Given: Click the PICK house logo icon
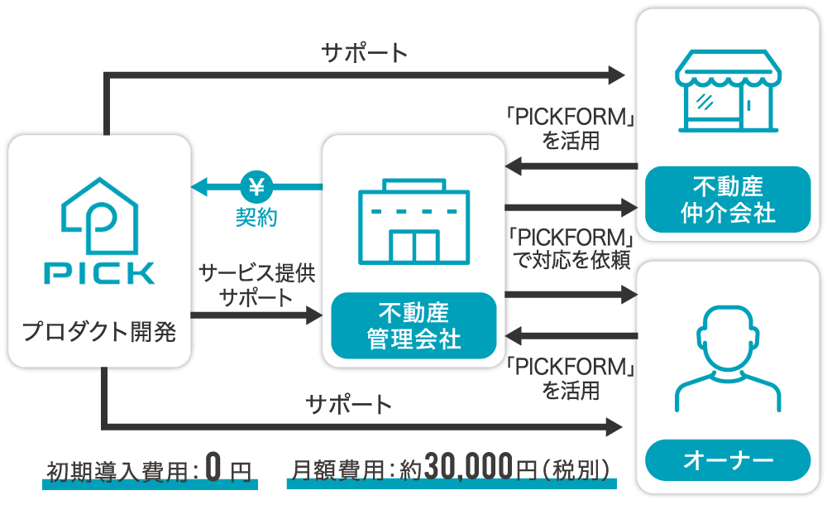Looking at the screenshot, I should (x=99, y=214).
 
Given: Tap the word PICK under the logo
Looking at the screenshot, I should (x=99, y=273).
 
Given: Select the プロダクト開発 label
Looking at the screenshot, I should (x=99, y=333).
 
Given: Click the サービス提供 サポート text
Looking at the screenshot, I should (x=256, y=285).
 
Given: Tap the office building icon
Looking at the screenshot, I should (x=413, y=221).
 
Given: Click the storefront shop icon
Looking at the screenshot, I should (x=727, y=93).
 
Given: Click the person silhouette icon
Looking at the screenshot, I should (x=727, y=358).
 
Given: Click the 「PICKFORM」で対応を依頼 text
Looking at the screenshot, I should (x=571, y=248).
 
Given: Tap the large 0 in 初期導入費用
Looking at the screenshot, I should (x=213, y=469).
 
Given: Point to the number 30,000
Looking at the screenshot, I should (x=469, y=469).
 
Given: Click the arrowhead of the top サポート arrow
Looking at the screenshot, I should (x=616, y=75).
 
